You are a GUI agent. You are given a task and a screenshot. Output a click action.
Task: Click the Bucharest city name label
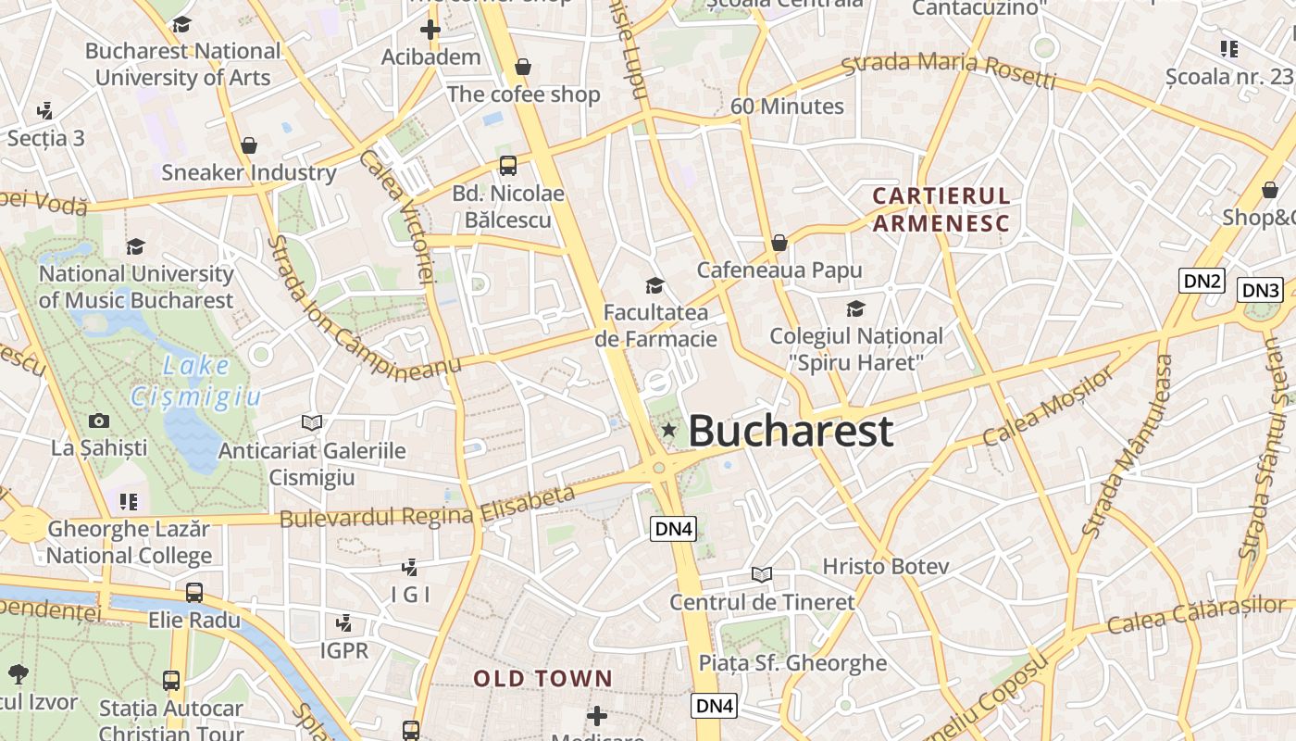click(x=791, y=432)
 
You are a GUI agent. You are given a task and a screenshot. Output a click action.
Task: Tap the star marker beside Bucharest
click(x=668, y=430)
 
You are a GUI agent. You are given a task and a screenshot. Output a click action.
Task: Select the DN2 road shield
click(x=1202, y=281)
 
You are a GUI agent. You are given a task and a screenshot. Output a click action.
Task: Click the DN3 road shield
click(x=1261, y=290)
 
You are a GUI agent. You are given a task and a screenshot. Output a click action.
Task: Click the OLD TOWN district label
click(x=542, y=679)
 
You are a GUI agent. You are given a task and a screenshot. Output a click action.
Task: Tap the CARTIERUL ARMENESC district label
click(x=941, y=209)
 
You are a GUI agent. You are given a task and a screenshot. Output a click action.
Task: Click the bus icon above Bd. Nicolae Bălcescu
click(x=507, y=166)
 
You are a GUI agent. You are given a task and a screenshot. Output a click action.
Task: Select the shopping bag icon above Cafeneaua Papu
click(x=779, y=243)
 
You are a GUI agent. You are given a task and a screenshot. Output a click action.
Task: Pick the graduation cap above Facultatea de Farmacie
click(x=655, y=285)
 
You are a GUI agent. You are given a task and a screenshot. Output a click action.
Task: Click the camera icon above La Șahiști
click(x=99, y=421)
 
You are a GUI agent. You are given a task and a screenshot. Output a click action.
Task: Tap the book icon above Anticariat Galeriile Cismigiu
click(x=312, y=423)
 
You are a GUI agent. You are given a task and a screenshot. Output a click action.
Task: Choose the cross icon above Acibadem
click(x=430, y=30)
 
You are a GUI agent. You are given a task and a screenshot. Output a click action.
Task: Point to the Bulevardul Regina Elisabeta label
click(x=427, y=507)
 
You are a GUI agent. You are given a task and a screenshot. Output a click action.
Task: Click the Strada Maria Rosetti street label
click(x=948, y=71)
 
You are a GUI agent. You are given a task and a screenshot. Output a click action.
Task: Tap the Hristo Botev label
click(x=886, y=566)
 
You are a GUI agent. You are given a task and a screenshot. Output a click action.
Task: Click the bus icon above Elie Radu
click(x=194, y=593)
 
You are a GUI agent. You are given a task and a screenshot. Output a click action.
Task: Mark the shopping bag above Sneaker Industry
click(x=248, y=145)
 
